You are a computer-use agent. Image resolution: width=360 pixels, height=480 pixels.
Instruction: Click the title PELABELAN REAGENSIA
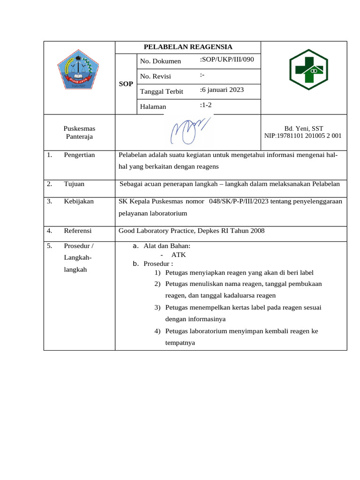(x=187, y=47)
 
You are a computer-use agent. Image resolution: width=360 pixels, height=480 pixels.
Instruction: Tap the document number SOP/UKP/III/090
(x=228, y=60)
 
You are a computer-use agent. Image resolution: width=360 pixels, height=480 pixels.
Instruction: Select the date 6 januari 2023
(x=222, y=90)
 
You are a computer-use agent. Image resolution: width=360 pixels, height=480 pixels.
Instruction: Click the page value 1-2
(x=206, y=105)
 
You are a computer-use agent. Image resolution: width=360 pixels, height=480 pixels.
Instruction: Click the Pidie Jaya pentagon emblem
(x=79, y=72)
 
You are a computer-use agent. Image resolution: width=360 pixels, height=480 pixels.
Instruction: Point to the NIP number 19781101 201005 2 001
(x=303, y=135)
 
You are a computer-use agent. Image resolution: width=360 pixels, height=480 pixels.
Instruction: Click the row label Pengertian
(x=79, y=155)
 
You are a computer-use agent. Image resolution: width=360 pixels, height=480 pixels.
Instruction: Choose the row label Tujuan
(x=74, y=184)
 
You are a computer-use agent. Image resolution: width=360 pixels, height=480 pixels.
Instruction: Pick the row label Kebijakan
(x=79, y=201)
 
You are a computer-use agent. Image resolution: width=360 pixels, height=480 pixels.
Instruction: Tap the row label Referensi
(x=78, y=231)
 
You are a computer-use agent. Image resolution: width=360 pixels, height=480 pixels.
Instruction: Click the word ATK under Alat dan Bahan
(x=179, y=255)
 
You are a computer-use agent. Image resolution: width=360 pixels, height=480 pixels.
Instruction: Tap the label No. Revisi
(x=156, y=76)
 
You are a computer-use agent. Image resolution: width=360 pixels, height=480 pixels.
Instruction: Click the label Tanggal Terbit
(x=161, y=91)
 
